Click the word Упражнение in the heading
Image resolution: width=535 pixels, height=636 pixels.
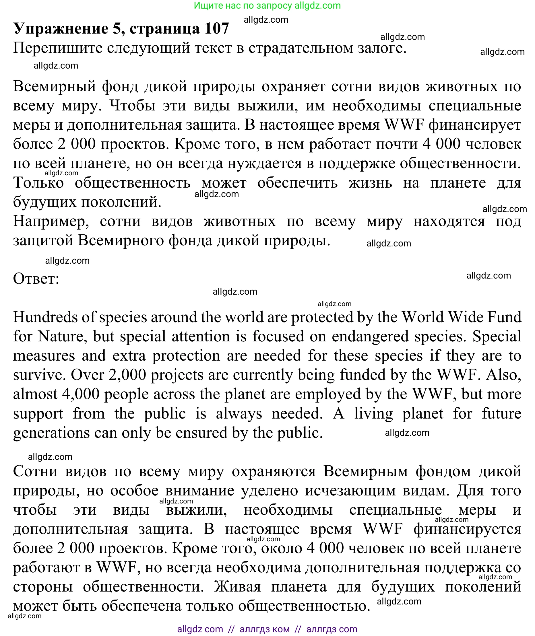(x=61, y=29)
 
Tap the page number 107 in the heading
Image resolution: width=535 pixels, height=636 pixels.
(x=216, y=28)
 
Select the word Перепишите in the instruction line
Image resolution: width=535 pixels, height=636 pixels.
(x=58, y=48)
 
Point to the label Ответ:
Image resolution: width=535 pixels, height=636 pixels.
(x=36, y=278)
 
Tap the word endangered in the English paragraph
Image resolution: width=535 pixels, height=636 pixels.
(x=370, y=337)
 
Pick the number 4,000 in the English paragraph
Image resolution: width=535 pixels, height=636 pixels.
(x=81, y=394)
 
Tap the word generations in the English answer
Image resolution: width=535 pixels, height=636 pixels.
(x=51, y=433)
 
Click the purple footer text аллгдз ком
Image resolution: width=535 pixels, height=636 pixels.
(x=264, y=629)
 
